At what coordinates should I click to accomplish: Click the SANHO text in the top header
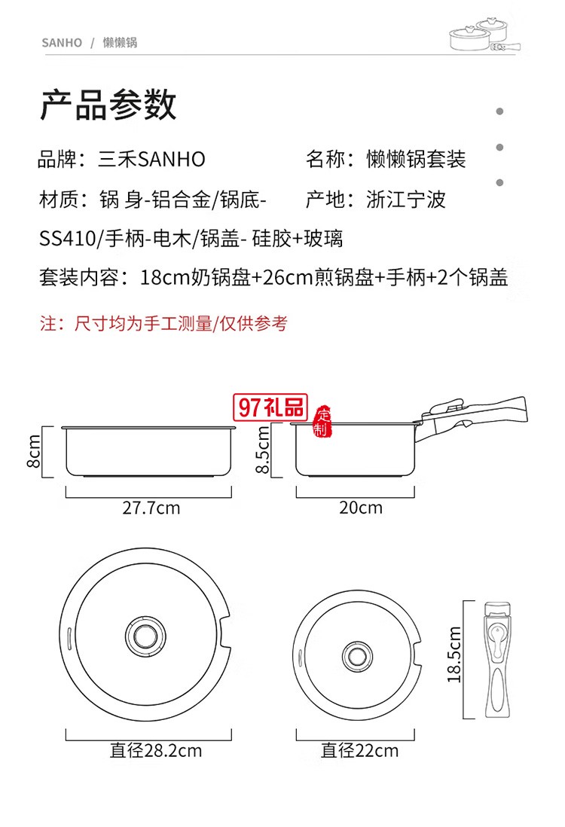coord(62,43)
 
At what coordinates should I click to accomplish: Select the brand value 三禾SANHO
coord(152,160)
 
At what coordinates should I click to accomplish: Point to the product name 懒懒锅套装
coord(416,160)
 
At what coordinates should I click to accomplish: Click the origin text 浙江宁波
coord(406,200)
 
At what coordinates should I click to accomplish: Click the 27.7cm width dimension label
coord(151,508)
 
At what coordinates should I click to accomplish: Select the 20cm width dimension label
coord(360,508)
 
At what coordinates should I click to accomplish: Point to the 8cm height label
coord(34,453)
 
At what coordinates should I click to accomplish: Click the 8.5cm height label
coord(263,450)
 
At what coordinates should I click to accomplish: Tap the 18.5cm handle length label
coord(454,654)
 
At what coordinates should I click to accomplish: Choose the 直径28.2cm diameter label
coord(156,751)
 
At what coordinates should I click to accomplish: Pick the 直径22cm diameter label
coord(359,751)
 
